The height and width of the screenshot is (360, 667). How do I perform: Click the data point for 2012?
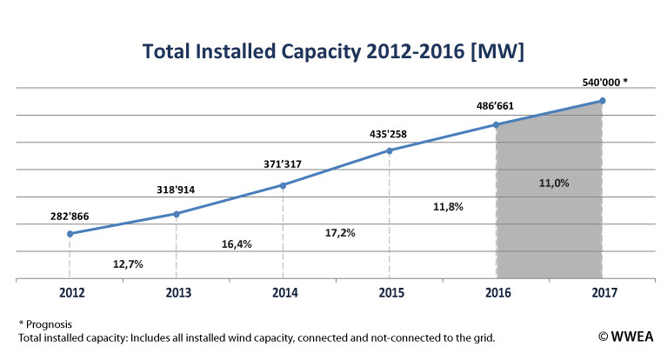pyautogui.click(x=70, y=234)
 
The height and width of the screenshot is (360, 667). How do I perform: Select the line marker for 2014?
pyautogui.click(x=283, y=185)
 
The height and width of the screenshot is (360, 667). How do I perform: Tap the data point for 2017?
pyautogui.click(x=602, y=101)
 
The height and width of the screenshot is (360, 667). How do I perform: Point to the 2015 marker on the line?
pyautogui.click(x=390, y=150)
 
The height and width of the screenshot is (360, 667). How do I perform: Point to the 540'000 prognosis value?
pyautogui.click(x=602, y=84)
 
